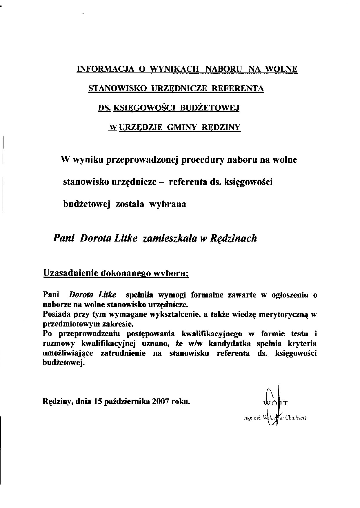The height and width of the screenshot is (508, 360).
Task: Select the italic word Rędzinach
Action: click(x=233, y=238)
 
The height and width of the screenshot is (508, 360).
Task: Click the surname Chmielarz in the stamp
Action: click(x=296, y=418)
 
